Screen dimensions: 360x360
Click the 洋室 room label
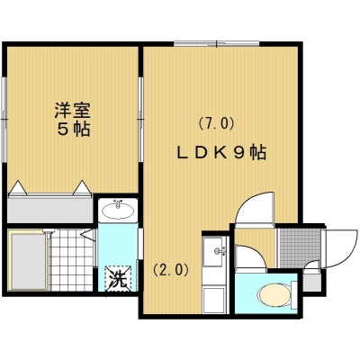(72, 110)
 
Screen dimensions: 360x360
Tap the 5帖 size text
(74, 130)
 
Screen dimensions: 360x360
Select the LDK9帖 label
(221, 152)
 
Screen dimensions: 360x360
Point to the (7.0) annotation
(216, 123)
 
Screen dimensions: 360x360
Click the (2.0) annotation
(171, 270)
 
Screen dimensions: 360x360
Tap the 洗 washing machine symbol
(118, 278)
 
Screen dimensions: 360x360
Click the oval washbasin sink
(118, 210)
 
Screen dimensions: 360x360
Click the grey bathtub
(28, 261)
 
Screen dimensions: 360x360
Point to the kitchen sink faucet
(219, 251)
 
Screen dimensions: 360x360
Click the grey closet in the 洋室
(49, 210)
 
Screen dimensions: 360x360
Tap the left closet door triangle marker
(18, 188)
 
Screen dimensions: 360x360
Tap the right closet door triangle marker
(82, 188)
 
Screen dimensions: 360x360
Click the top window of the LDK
(217, 43)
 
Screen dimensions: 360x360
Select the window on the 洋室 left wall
(4, 120)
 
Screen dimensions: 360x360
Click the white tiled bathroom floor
(71, 260)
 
